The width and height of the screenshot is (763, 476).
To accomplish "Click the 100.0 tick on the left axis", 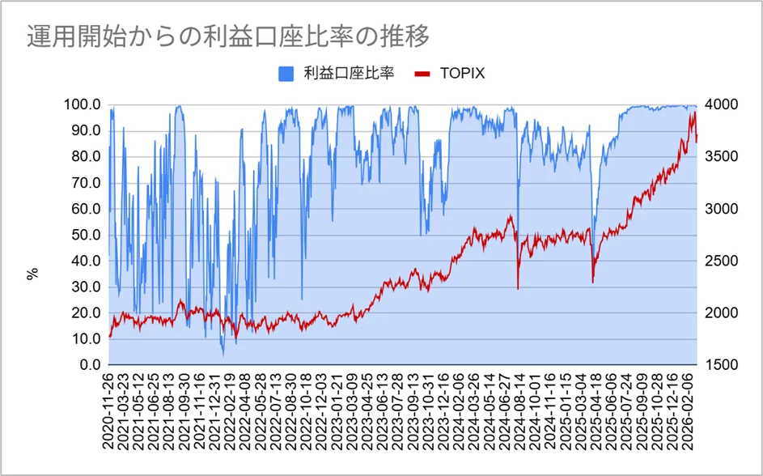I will pyautogui.click(x=82, y=105).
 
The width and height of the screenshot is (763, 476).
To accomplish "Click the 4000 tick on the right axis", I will pyautogui.click(x=721, y=105).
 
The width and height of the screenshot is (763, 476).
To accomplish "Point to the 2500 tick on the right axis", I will pyautogui.click(x=721, y=261).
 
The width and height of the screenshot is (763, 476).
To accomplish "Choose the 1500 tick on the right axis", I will pyautogui.click(x=721, y=365).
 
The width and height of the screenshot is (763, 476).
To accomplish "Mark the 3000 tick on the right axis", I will pyautogui.click(x=721, y=209).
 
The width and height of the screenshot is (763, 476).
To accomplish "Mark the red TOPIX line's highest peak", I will pyautogui.click(x=694, y=113).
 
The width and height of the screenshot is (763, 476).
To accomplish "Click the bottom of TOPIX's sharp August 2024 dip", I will pyautogui.click(x=518, y=288).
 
